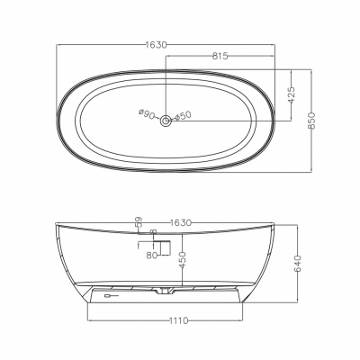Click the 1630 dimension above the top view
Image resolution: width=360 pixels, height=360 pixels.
(x=156, y=45)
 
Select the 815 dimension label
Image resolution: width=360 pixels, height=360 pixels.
(x=220, y=56)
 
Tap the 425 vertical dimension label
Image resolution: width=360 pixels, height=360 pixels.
(x=292, y=95)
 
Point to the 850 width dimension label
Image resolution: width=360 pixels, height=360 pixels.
(x=312, y=121)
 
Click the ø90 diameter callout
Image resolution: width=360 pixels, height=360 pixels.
(x=147, y=114)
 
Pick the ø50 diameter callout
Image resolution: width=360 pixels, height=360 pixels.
(x=183, y=115)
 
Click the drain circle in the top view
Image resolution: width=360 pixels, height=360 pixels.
(x=166, y=121)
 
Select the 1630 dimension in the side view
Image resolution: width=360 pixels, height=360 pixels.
(x=180, y=223)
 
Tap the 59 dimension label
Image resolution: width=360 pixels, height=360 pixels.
(x=139, y=221)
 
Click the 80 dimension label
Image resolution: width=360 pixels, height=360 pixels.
(x=152, y=256)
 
